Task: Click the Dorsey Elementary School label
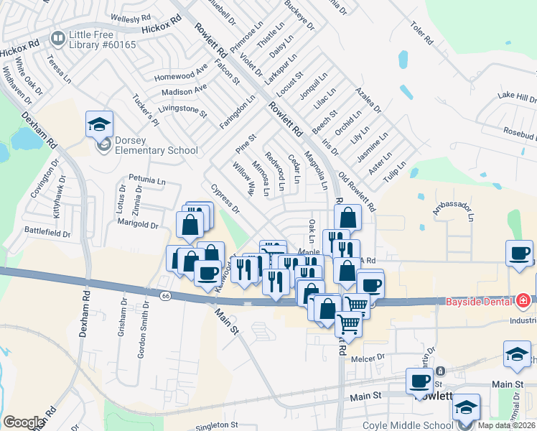(154, 150)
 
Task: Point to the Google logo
(23, 422)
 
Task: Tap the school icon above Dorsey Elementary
(99, 125)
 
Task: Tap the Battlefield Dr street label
(48, 233)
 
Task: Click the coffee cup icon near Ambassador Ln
(519, 254)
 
